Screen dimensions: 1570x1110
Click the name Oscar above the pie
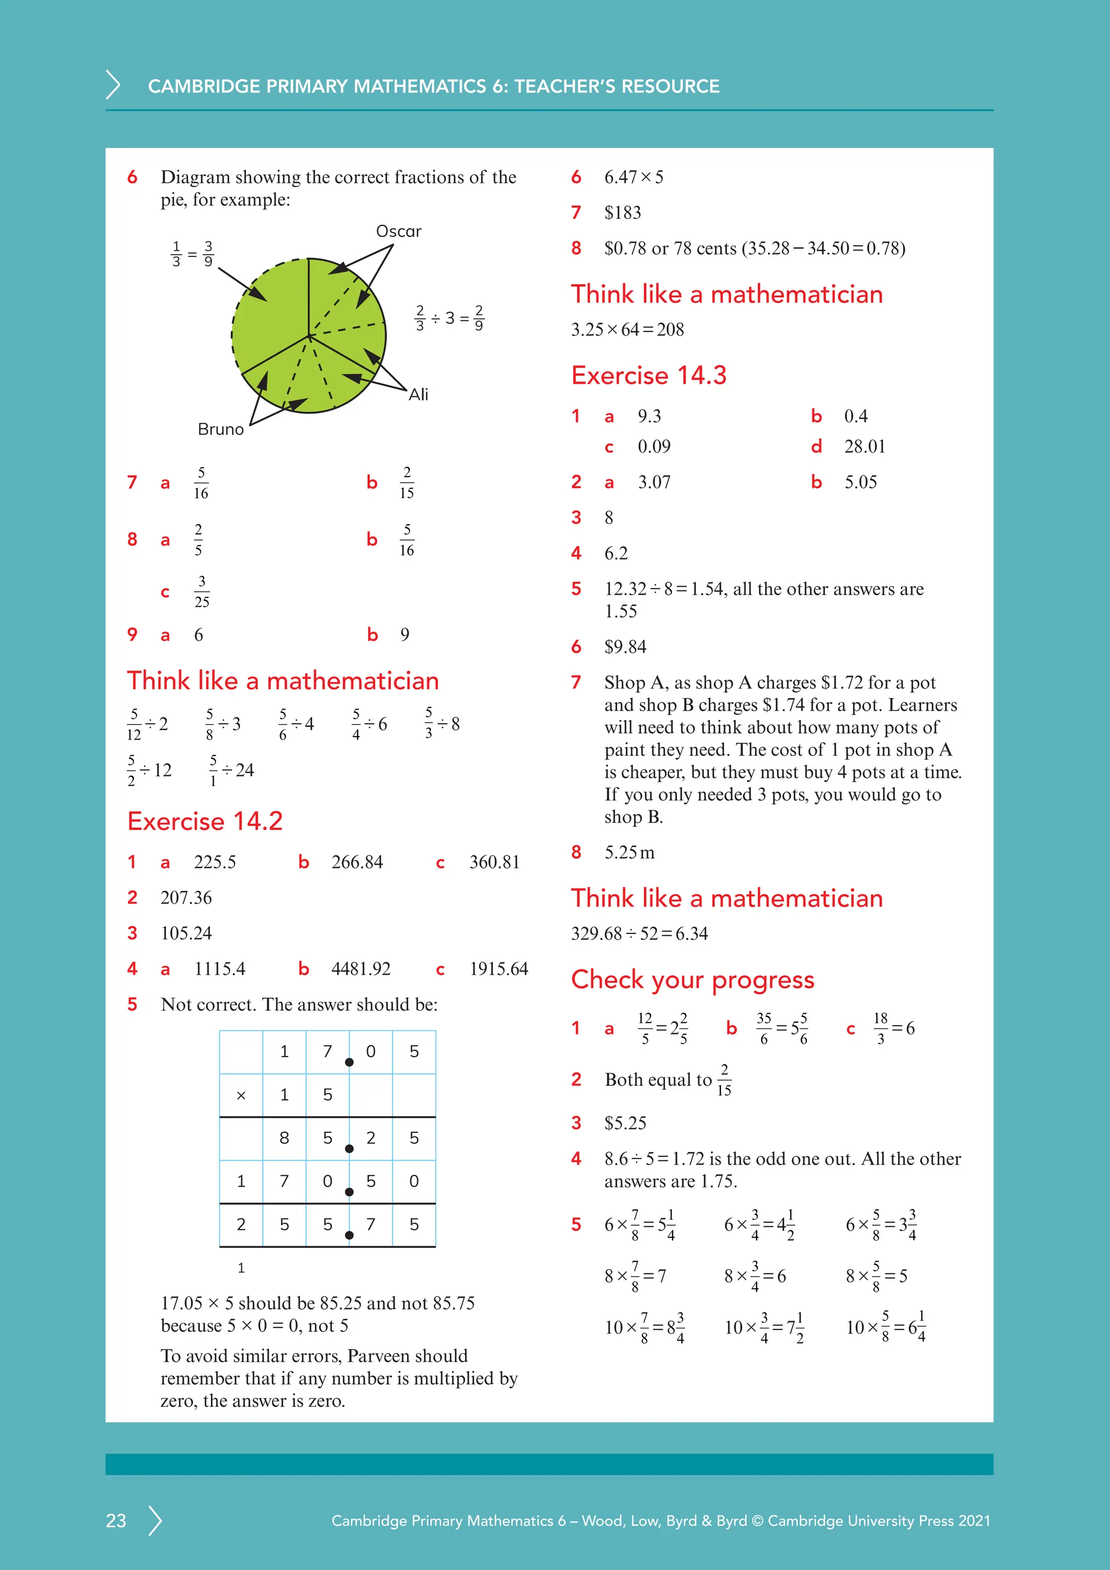pyautogui.click(x=398, y=231)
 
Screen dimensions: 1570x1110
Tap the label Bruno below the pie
pyautogui.click(x=220, y=429)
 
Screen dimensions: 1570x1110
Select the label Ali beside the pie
pyautogui.click(x=418, y=395)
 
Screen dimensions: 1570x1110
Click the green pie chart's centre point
pyautogui.click(x=309, y=336)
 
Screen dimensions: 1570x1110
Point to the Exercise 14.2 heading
pyautogui.click(x=204, y=821)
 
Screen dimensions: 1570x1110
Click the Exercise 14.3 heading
pyautogui.click(x=648, y=375)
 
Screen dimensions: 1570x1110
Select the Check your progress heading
pyautogui.click(x=692, y=980)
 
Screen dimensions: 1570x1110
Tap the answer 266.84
pyautogui.click(x=357, y=863)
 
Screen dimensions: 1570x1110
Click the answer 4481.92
pyautogui.click(x=361, y=969)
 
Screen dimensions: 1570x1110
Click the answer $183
pyautogui.click(x=622, y=213)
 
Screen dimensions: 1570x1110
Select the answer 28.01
pyautogui.click(x=864, y=447)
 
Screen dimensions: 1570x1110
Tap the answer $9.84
pyautogui.click(x=625, y=647)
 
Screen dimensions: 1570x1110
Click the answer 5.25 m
pyautogui.click(x=629, y=853)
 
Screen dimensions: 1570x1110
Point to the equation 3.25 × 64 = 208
pyautogui.click(x=627, y=330)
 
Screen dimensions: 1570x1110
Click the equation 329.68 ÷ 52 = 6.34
pyautogui.click(x=639, y=934)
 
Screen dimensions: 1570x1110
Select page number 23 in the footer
pyautogui.click(x=116, y=1520)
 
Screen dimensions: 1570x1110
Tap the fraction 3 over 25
pyautogui.click(x=202, y=591)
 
